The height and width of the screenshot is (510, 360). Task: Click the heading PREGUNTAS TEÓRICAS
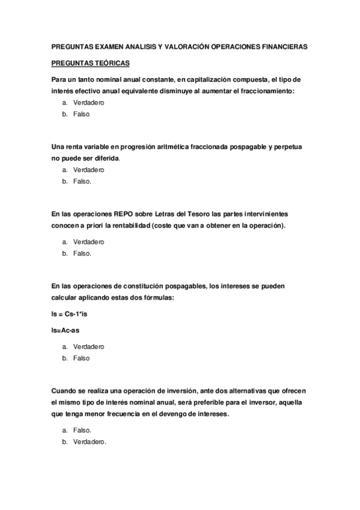tap(90, 63)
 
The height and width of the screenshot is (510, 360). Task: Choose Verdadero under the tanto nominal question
tap(88, 103)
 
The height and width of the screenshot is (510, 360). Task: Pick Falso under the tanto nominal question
tap(81, 114)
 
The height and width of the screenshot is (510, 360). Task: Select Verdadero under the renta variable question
tap(88, 170)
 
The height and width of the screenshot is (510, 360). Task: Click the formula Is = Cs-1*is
tap(73, 314)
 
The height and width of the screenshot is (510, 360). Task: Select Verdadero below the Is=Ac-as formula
tap(88, 347)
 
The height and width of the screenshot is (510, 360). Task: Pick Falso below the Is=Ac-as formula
tap(81, 358)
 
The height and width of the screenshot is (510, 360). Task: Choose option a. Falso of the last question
tap(82, 431)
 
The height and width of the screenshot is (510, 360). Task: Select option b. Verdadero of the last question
tap(90, 442)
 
